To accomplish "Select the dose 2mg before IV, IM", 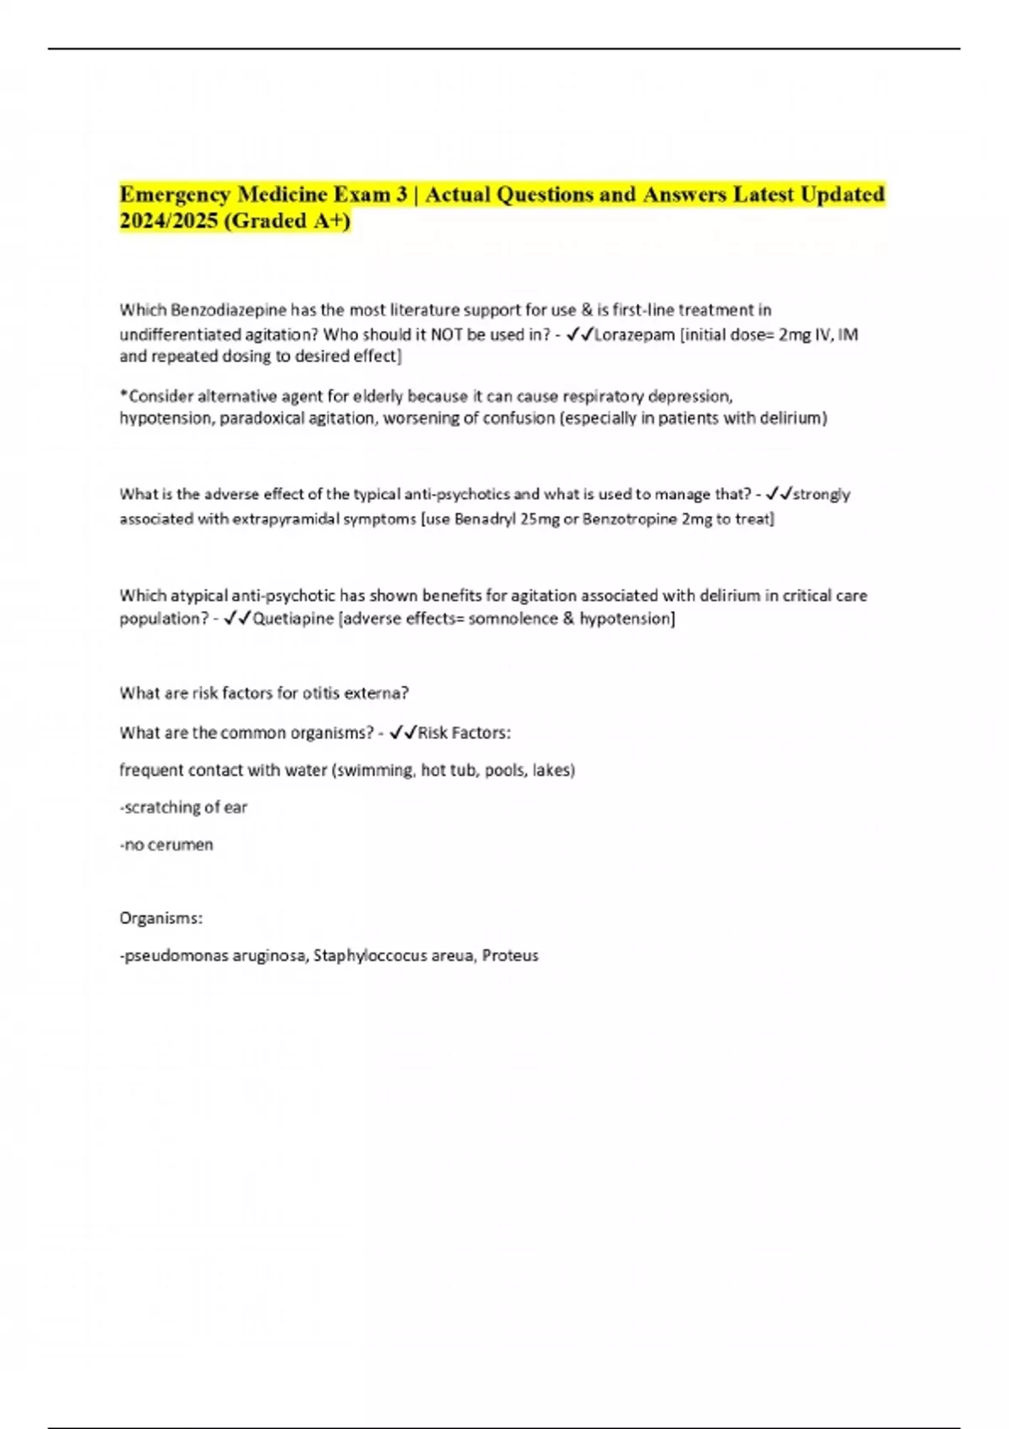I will tap(794, 335).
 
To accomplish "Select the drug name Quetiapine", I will tap(293, 619).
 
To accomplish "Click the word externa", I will tap(379, 693).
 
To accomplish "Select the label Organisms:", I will tap(161, 918).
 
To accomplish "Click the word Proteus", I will tap(510, 955).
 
